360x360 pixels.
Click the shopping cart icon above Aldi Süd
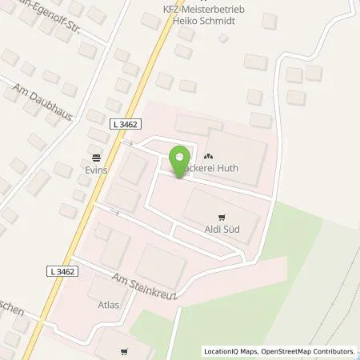point(222,216)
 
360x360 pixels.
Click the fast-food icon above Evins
point(97,157)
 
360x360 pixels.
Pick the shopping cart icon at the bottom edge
point(125,351)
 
